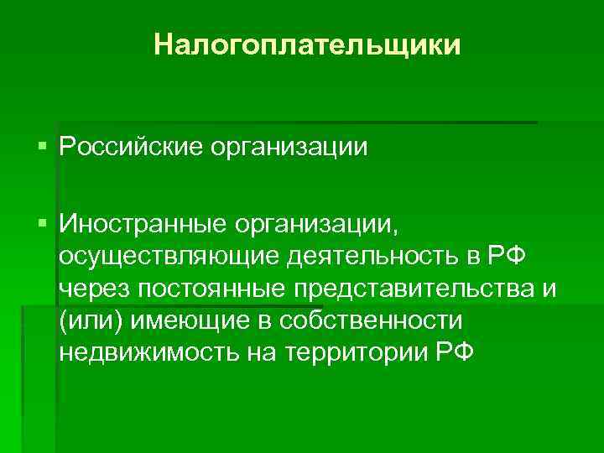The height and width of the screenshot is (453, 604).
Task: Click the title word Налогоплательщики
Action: click(x=308, y=44)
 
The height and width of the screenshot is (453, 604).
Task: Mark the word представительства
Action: click(x=413, y=288)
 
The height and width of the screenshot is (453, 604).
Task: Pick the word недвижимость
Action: click(x=147, y=351)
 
